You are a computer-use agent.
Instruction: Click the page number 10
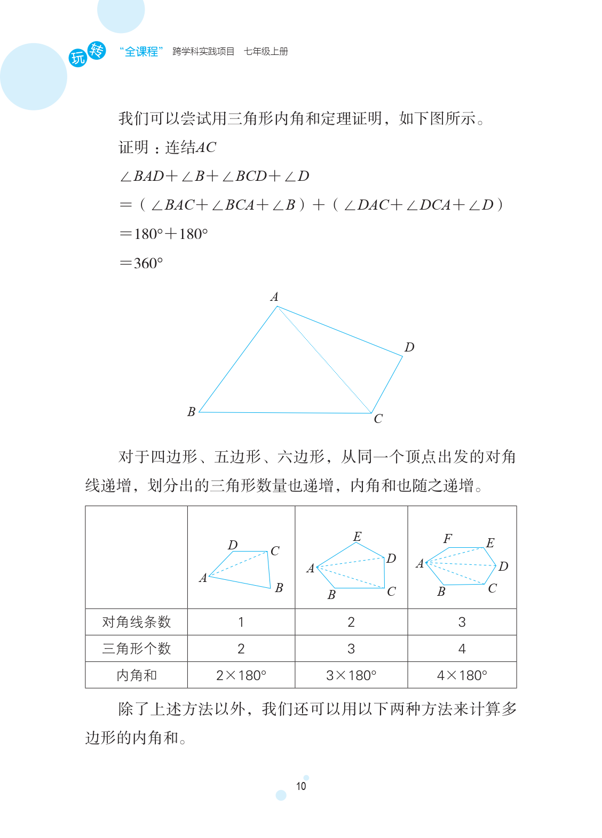pyautogui.click(x=301, y=786)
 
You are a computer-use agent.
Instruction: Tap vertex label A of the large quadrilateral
pyautogui.click(x=274, y=297)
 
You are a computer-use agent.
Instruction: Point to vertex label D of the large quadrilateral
pyautogui.click(x=409, y=347)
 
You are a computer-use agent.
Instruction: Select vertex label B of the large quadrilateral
pyautogui.click(x=191, y=412)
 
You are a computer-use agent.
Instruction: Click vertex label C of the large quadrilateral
pyautogui.click(x=378, y=419)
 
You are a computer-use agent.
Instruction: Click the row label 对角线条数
pyautogui.click(x=136, y=622)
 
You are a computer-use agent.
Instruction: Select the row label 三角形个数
pyautogui.click(x=136, y=649)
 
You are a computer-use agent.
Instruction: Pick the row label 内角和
pyautogui.click(x=136, y=675)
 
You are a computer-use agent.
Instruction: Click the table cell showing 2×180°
pyautogui.click(x=241, y=675)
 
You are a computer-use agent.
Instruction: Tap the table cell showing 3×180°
pyautogui.click(x=351, y=675)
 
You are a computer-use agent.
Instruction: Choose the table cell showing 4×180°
pyautogui.click(x=462, y=675)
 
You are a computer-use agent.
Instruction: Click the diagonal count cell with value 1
pyautogui.click(x=241, y=622)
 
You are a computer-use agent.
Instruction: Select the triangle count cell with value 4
pyautogui.click(x=462, y=649)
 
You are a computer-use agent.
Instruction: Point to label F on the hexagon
pyautogui.click(x=447, y=539)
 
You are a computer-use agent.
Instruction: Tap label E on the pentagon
pyautogui.click(x=357, y=537)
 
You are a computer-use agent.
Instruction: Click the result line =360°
pyautogui.click(x=141, y=263)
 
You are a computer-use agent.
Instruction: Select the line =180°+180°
pyautogui.click(x=163, y=234)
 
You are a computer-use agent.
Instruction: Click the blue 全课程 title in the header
pyautogui.click(x=141, y=52)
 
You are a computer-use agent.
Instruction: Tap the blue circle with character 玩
pyautogui.click(x=78, y=58)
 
